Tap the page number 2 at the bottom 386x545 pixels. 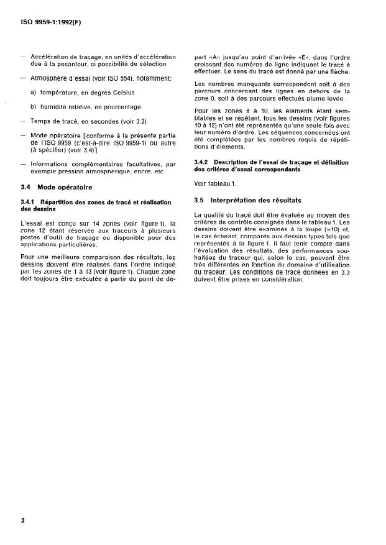(23, 520)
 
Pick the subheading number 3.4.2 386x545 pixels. (203, 162)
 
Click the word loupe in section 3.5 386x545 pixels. (307, 229)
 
